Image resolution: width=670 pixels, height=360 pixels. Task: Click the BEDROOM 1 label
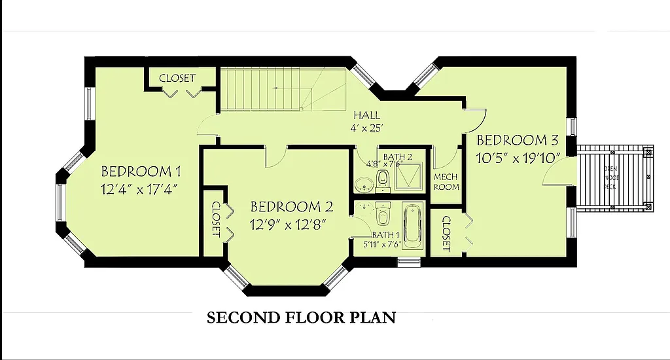pos(141,172)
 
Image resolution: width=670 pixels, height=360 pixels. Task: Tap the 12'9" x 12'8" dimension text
pos(289,224)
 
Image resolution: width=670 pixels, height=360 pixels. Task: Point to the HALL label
pos(366,115)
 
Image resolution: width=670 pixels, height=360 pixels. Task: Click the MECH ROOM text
pos(446,182)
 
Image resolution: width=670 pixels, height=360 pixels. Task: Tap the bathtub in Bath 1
pos(412,226)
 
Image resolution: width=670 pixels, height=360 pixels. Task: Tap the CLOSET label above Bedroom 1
pos(177,78)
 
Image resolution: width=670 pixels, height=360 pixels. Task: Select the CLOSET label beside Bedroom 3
pos(446,234)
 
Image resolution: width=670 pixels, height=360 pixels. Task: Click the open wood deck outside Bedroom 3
pos(615,177)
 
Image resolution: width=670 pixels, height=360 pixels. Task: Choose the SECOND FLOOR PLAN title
pos(301,318)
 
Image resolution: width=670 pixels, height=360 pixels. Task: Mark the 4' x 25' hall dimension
pos(367,128)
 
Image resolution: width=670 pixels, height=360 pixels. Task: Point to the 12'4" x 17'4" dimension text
pos(140,189)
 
